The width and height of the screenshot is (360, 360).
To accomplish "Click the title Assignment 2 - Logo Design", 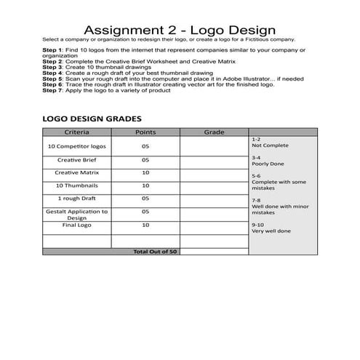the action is [180, 30].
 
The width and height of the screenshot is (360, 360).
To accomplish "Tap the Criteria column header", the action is [77, 132].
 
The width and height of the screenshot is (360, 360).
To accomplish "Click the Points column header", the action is [145, 132].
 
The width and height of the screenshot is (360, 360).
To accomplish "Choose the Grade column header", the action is [214, 132].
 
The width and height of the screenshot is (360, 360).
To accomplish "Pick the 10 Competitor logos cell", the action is [77, 145].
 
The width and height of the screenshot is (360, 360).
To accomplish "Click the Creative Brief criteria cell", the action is [77, 159].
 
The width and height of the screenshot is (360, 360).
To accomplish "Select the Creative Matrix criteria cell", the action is [77, 172].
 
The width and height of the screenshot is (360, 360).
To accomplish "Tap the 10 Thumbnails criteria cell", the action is [77, 185].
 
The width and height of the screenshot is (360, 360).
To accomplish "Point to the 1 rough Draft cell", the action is [77, 198].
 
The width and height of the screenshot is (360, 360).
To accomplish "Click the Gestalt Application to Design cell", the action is [77, 214].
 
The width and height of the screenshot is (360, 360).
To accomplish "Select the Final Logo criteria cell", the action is [77, 225].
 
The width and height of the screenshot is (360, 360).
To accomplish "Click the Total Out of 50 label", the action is [154, 251].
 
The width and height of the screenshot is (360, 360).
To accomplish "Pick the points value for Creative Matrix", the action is [145, 172].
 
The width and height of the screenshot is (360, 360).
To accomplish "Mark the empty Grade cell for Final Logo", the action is [214, 225].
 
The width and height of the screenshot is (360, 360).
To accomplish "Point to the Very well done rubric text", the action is [271, 231].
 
